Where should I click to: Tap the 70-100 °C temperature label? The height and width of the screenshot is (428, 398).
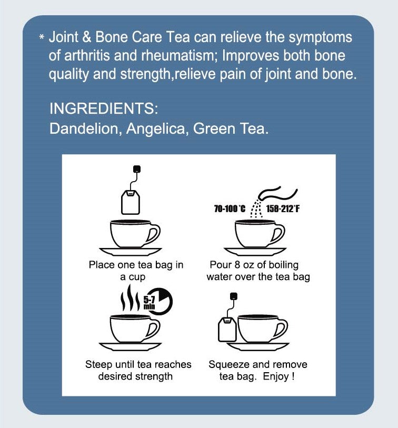pyautogui.click(x=230, y=209)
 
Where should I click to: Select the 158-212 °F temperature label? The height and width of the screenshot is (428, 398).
pyautogui.click(x=283, y=209)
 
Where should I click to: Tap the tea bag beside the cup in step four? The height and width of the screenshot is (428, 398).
pyautogui.click(x=227, y=329)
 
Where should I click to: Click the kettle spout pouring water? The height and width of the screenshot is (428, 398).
pyautogui.click(x=279, y=193)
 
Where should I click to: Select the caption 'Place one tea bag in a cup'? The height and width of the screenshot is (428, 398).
pyautogui.click(x=136, y=271)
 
